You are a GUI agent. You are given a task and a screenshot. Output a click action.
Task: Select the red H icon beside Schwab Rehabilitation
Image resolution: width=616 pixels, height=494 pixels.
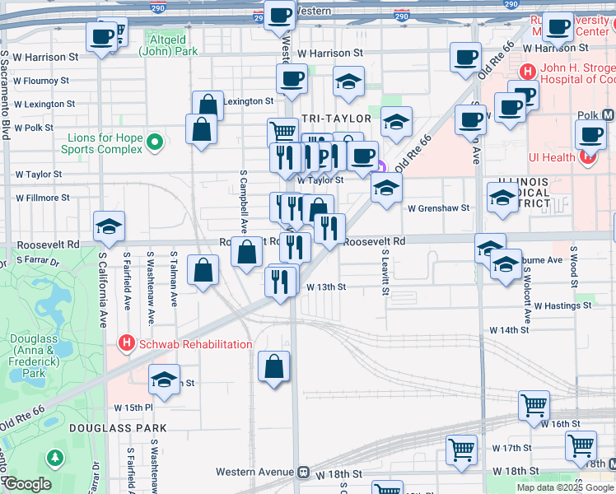tap(126, 343)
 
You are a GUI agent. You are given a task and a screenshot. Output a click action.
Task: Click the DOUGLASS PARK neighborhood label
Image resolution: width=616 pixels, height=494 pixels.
tap(118, 428)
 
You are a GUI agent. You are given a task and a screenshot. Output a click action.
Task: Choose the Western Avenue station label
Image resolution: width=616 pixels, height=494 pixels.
tap(255, 473)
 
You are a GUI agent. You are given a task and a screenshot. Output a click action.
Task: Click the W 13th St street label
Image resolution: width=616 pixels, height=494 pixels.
tap(325, 287)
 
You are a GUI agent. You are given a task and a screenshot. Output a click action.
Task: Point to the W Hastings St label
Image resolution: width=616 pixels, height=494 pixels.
tap(562, 305)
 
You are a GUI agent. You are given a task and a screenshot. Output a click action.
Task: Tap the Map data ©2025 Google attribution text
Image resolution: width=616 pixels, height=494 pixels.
tap(565, 487)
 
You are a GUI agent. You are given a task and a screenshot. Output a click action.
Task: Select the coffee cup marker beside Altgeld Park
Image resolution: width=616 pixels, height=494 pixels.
tap(102, 36)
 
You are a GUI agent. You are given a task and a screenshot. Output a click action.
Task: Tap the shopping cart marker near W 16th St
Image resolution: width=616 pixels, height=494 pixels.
tap(534, 404)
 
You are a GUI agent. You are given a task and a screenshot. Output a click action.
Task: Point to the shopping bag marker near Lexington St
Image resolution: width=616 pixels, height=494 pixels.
tap(208, 105)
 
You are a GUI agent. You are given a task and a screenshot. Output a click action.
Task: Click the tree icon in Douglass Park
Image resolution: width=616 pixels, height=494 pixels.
tap(55, 457)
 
